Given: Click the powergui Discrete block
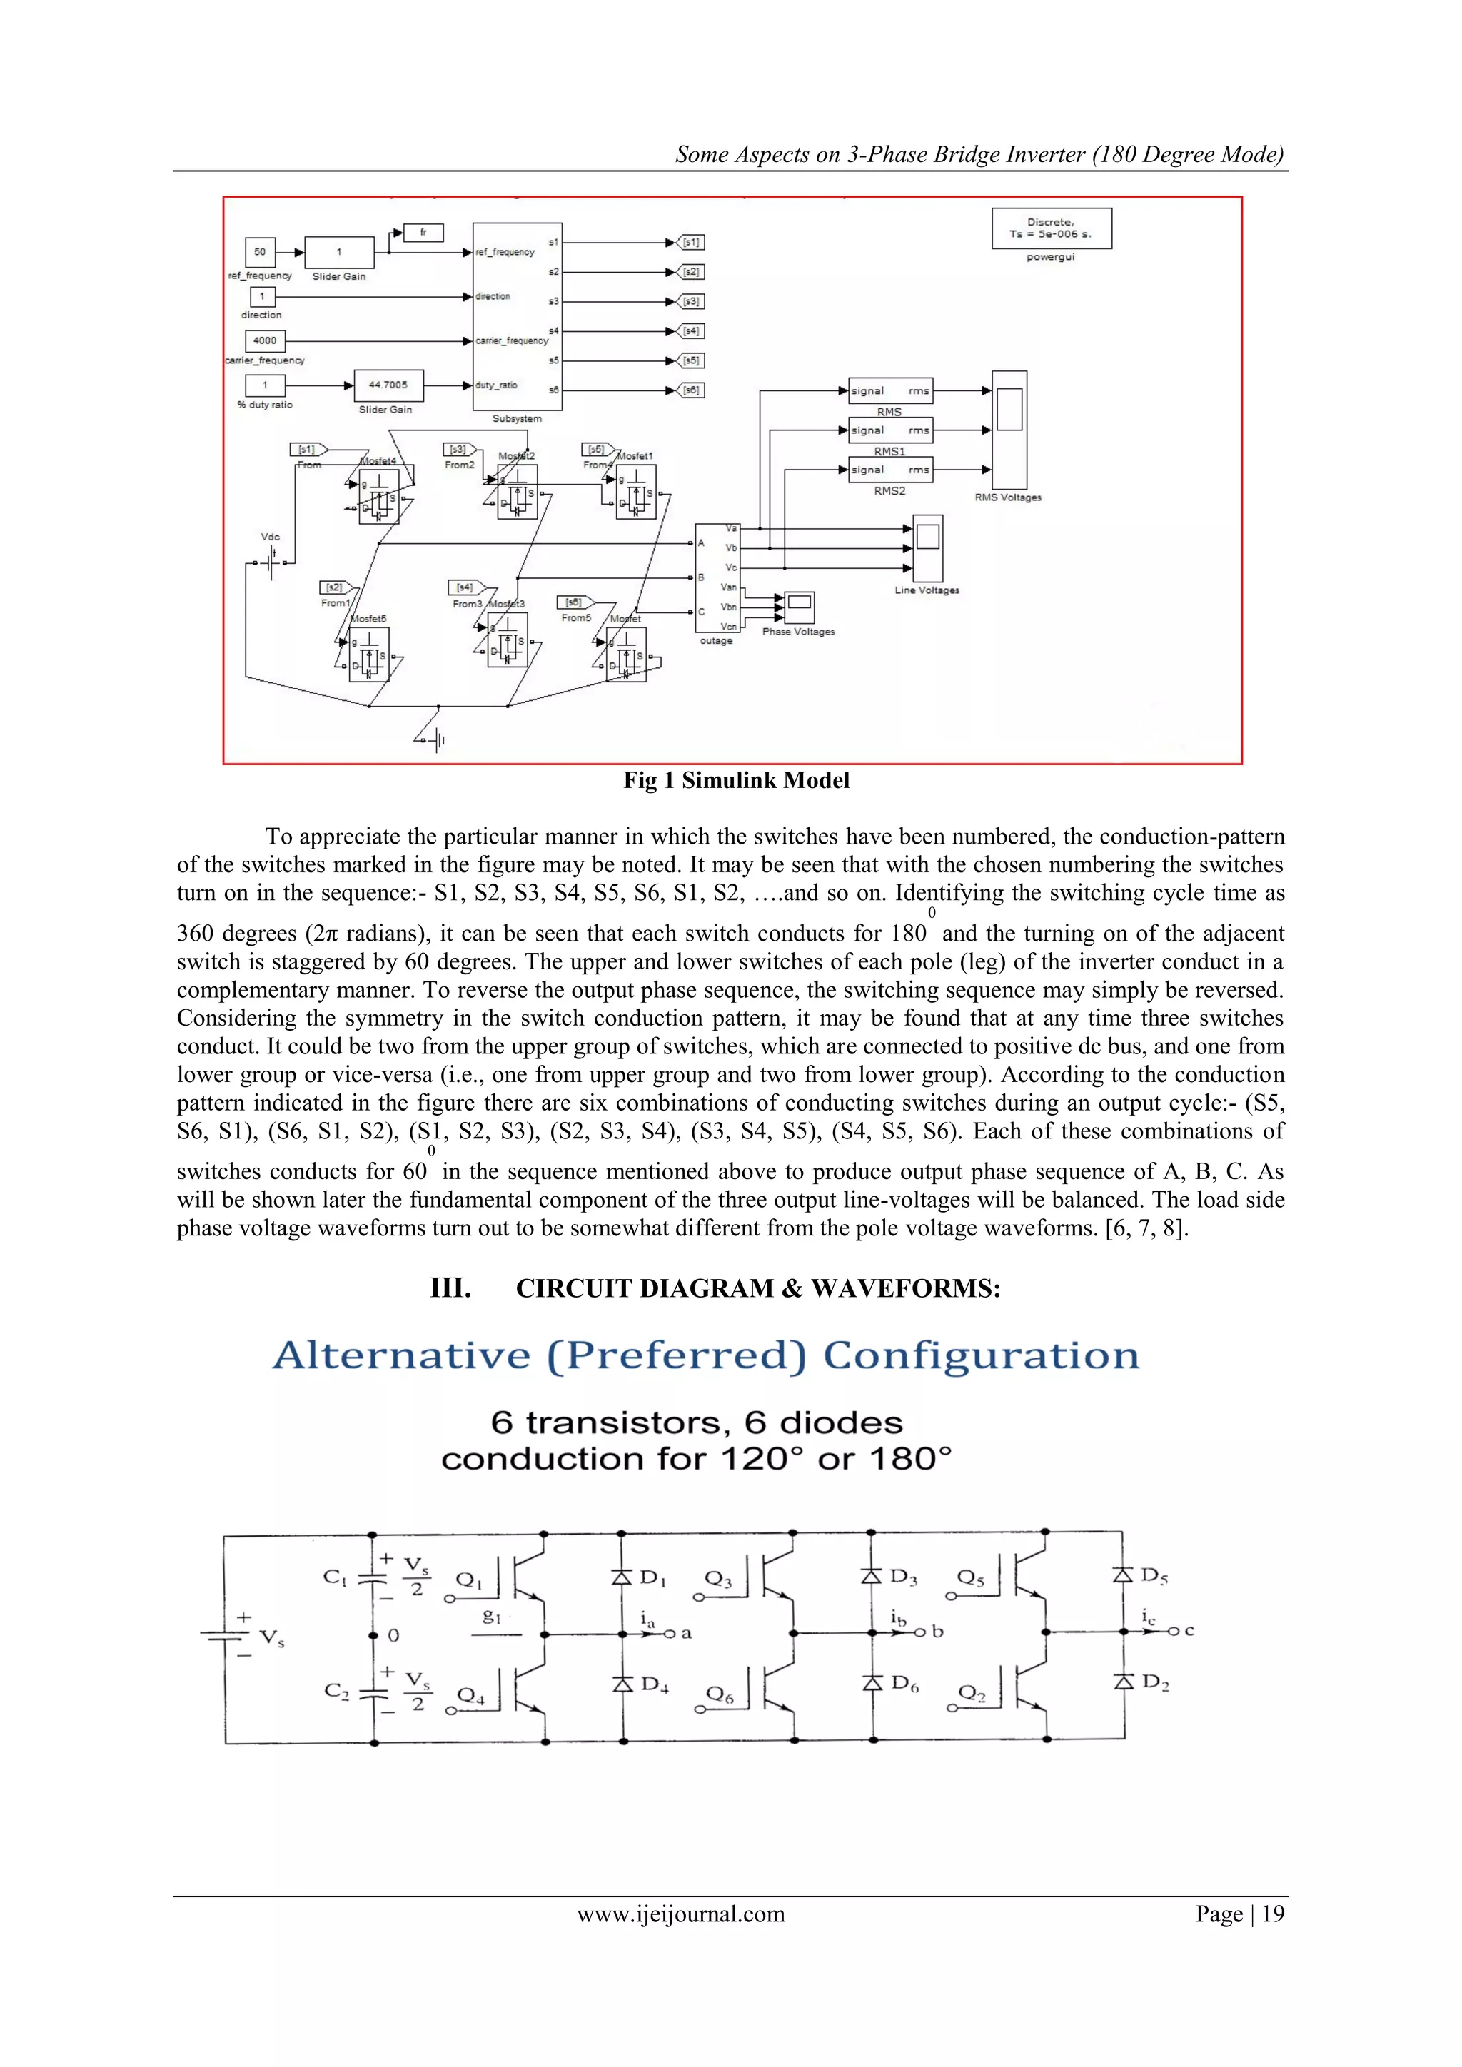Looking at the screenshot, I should coord(1051,228).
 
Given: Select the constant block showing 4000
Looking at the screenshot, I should coord(265,340).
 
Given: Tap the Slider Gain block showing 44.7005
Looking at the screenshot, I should coord(388,385).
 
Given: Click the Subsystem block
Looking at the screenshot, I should coord(517,316).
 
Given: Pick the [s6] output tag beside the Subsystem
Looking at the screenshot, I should coord(692,390).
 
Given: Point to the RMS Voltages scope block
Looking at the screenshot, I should coord(1009,430).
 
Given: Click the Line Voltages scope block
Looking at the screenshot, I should coord(928,547).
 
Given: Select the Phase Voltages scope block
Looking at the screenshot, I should coord(799,607).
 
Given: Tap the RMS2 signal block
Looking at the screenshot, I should coord(889,470).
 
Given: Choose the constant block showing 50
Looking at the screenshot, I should coord(260,252).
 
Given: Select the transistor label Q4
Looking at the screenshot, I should coord(470,1695).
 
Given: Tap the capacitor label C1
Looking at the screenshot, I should coord(334,1577).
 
